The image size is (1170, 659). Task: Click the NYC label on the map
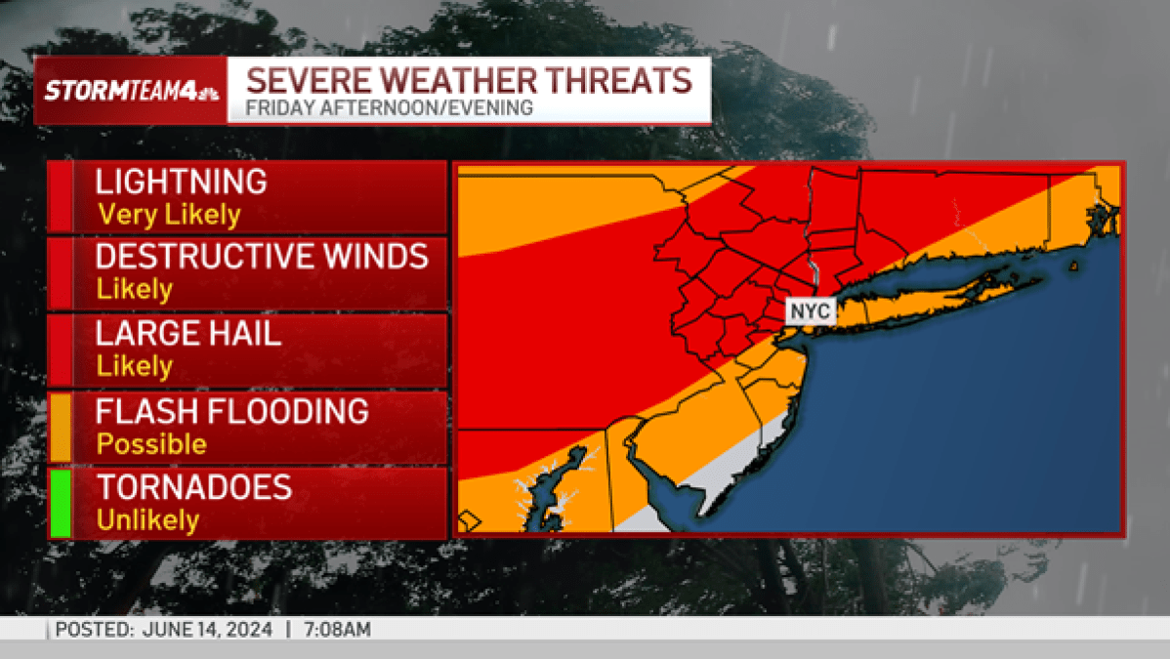(x=810, y=311)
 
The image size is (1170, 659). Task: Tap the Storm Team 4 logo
(x=131, y=91)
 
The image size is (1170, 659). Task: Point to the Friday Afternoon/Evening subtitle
(x=389, y=108)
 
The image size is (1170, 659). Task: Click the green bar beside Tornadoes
(x=60, y=503)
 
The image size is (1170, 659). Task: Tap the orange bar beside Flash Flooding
(x=60, y=427)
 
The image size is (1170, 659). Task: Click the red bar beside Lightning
(x=60, y=197)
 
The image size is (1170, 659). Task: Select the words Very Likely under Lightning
(x=168, y=214)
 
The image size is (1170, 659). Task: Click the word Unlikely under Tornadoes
(x=147, y=520)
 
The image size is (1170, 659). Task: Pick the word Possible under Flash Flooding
(x=151, y=444)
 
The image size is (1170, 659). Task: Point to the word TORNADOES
(x=193, y=487)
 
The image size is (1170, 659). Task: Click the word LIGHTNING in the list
(x=181, y=182)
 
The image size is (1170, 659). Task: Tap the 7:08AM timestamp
(x=338, y=630)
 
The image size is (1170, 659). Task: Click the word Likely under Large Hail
(x=134, y=366)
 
